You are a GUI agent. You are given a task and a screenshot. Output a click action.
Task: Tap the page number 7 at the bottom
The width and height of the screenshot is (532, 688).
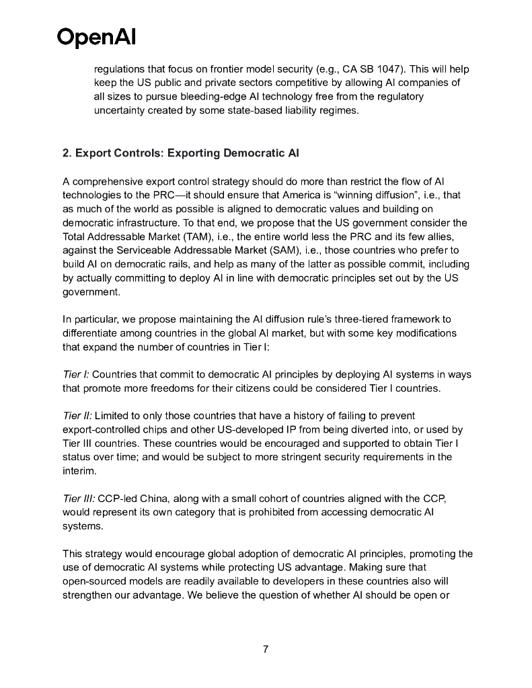pos(266,649)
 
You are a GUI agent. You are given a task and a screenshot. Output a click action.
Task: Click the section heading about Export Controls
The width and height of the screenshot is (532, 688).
pos(180,153)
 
